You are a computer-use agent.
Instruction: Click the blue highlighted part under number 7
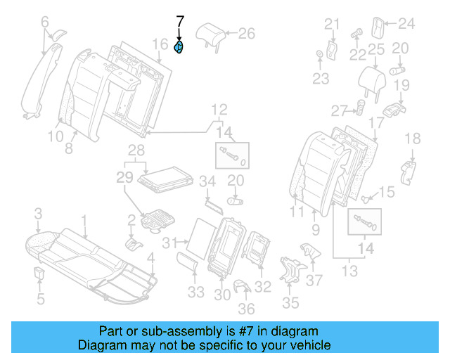coord(179,48)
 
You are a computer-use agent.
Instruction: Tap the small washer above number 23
coord(320,54)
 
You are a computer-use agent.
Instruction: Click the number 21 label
coord(332,25)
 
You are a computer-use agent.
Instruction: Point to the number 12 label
coord(220,109)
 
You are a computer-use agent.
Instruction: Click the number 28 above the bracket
coord(136,150)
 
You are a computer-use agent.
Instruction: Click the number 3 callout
coord(39,212)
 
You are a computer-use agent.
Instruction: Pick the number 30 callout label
coord(222,296)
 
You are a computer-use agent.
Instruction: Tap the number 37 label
coord(316,281)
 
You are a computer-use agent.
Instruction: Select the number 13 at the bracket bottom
coord(349,270)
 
